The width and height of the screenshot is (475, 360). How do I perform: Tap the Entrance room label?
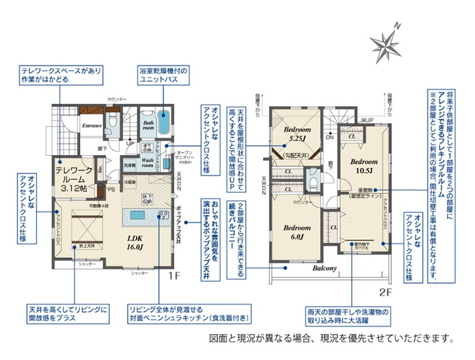(x=92, y=126)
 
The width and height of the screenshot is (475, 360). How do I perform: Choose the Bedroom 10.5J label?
(x=364, y=166)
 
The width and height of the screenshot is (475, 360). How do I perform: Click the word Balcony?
(x=325, y=268)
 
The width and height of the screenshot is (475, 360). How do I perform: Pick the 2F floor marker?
(x=386, y=291)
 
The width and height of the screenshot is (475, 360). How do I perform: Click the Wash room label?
(x=148, y=162)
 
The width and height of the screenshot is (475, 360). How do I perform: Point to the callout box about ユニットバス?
(x=164, y=76)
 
